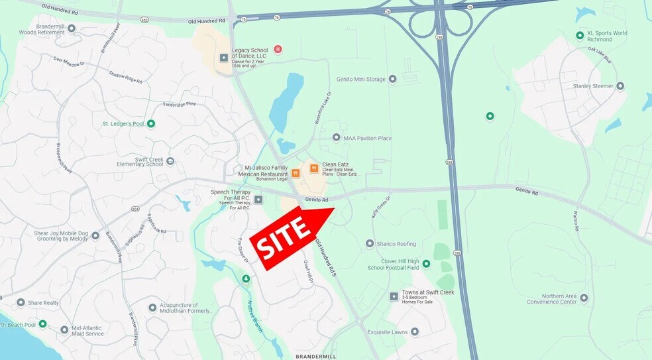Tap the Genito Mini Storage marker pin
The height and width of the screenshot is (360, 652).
coord(392,80)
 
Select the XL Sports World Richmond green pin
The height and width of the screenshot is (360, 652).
coord(580,36)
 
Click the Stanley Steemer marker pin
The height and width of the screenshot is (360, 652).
coord(620,86)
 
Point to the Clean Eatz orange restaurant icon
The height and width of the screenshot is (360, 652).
coord(314,168)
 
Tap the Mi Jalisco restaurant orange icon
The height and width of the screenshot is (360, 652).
coord(296,173)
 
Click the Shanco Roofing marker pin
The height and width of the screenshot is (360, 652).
coord(370,243)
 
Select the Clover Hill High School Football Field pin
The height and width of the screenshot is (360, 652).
coord(426,264)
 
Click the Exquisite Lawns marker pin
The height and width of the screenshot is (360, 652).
coord(415,331)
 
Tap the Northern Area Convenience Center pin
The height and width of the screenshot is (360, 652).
coord(584,298)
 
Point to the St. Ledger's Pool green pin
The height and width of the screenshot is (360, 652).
coord(151,123)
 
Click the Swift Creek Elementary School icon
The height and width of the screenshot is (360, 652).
coord(170,161)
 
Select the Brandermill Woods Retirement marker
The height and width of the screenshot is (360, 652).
coord(72,28)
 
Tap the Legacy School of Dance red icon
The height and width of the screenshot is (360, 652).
coord(278,49)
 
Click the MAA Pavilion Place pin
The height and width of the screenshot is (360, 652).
coord(336,138)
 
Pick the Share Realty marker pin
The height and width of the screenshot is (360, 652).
coord(21,302)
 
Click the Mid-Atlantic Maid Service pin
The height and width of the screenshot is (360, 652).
coord(64,330)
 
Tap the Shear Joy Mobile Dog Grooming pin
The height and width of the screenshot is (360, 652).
coord(95,235)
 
